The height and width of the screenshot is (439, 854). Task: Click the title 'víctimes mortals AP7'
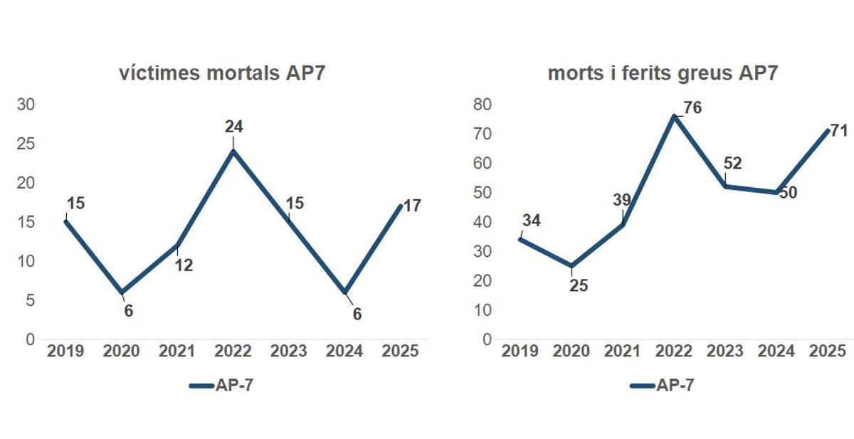pyautogui.click(x=222, y=74)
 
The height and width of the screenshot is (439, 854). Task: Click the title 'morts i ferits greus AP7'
pyautogui.click(x=663, y=74)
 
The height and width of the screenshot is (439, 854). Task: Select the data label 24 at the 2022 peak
pyautogui.click(x=233, y=127)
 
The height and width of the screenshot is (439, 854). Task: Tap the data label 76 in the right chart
pyautogui.click(x=692, y=108)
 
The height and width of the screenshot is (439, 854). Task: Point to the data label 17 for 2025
pyautogui.click(x=411, y=206)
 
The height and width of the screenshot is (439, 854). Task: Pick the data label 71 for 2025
pyautogui.click(x=840, y=130)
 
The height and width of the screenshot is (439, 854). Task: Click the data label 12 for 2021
pyautogui.click(x=184, y=265)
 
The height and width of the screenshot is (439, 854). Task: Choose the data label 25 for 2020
pyautogui.click(x=578, y=286)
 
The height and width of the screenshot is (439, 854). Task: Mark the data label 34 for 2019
pyautogui.click(x=531, y=221)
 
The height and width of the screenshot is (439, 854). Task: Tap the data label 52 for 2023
pyautogui.click(x=732, y=164)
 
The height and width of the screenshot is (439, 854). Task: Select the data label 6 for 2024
pyautogui.click(x=357, y=314)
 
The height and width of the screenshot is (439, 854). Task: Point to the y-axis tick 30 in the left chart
pyautogui.click(x=26, y=105)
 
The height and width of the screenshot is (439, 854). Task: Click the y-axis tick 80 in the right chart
pyautogui.click(x=483, y=105)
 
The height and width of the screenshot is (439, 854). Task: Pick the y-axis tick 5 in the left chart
pyautogui.click(x=31, y=300)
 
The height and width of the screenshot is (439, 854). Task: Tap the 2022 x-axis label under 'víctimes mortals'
pyautogui.click(x=233, y=351)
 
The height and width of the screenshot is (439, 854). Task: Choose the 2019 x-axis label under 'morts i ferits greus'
pyautogui.click(x=520, y=351)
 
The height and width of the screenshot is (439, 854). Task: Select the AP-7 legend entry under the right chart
pyautogui.click(x=662, y=386)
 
